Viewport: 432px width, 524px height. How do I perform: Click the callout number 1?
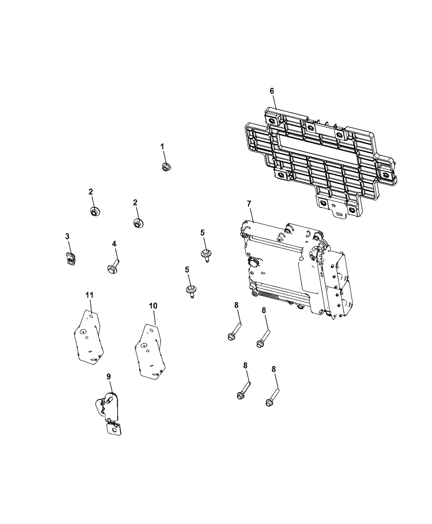point(163,146)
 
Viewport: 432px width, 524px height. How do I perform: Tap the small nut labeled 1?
point(165,167)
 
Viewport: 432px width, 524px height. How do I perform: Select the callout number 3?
point(67,236)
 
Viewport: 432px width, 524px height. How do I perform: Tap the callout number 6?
point(272,91)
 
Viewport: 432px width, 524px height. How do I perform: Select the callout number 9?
point(109,376)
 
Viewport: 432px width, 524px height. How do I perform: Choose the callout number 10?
point(153,306)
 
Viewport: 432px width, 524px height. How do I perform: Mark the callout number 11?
point(89,295)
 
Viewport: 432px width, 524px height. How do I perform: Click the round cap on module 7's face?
point(253,263)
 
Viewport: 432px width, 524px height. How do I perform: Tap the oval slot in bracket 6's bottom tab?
point(339,214)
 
